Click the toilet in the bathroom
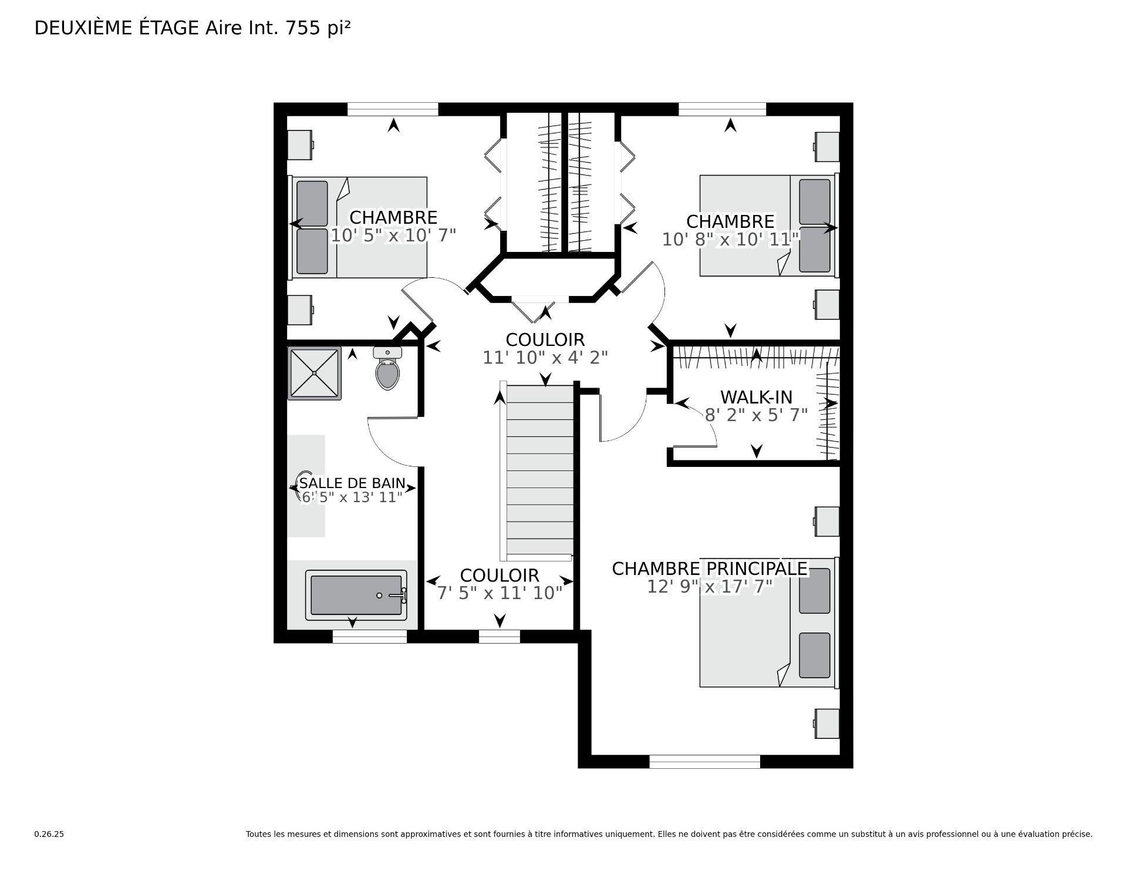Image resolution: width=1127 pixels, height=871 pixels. coord(387,371)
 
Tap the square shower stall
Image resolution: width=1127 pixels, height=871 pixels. coord(315,373)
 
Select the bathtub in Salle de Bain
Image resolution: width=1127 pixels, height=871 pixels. coord(356,595)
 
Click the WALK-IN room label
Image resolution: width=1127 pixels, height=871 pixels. coord(756,397)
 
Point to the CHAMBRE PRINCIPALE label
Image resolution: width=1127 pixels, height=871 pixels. coord(710,569)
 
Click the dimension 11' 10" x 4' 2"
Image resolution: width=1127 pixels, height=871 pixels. coord(545,358)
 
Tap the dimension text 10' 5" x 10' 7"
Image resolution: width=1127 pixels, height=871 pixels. coord(393,236)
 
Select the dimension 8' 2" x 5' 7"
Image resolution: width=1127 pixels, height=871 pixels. coord(756,415)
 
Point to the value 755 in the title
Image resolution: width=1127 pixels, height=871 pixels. coord(303,28)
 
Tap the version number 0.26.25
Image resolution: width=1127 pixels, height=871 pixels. coord(49,834)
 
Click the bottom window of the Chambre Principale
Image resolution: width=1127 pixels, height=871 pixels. coord(704,762)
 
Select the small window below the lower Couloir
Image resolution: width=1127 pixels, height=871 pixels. coord(499,636)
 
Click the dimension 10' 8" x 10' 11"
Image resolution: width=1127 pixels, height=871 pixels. coord(731,240)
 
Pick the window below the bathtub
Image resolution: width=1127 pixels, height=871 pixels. coord(369,637)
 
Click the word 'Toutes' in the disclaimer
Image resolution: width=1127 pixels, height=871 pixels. coord(258,834)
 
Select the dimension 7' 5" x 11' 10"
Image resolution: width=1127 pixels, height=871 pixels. coord(500,593)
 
